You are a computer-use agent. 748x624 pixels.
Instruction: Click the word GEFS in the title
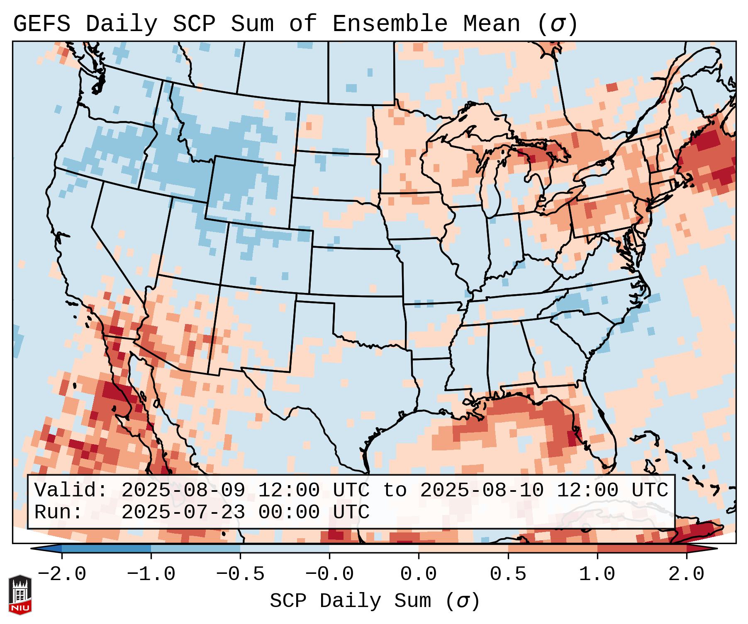tap(41, 24)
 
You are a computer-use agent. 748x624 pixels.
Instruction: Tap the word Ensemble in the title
tap(390, 24)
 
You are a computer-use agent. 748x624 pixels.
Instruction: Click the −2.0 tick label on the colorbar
tap(62, 574)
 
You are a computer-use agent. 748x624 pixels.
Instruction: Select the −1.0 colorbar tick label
tap(151, 574)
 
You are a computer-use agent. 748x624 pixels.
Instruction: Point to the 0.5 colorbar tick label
tap(508, 574)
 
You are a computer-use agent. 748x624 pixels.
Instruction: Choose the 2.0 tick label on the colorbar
tap(686, 574)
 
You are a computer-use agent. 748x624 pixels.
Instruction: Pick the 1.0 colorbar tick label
tap(597, 574)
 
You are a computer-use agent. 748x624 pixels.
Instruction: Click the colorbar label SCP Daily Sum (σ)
tap(374, 601)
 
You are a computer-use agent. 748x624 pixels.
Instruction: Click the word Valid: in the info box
tap(71, 491)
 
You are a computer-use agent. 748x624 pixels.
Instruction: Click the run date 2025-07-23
tap(183, 513)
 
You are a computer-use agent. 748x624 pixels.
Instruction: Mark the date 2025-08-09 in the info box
tap(183, 491)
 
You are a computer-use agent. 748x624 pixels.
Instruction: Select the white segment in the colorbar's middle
tap(374, 549)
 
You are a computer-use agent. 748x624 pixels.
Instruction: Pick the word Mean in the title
tap(491, 24)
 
